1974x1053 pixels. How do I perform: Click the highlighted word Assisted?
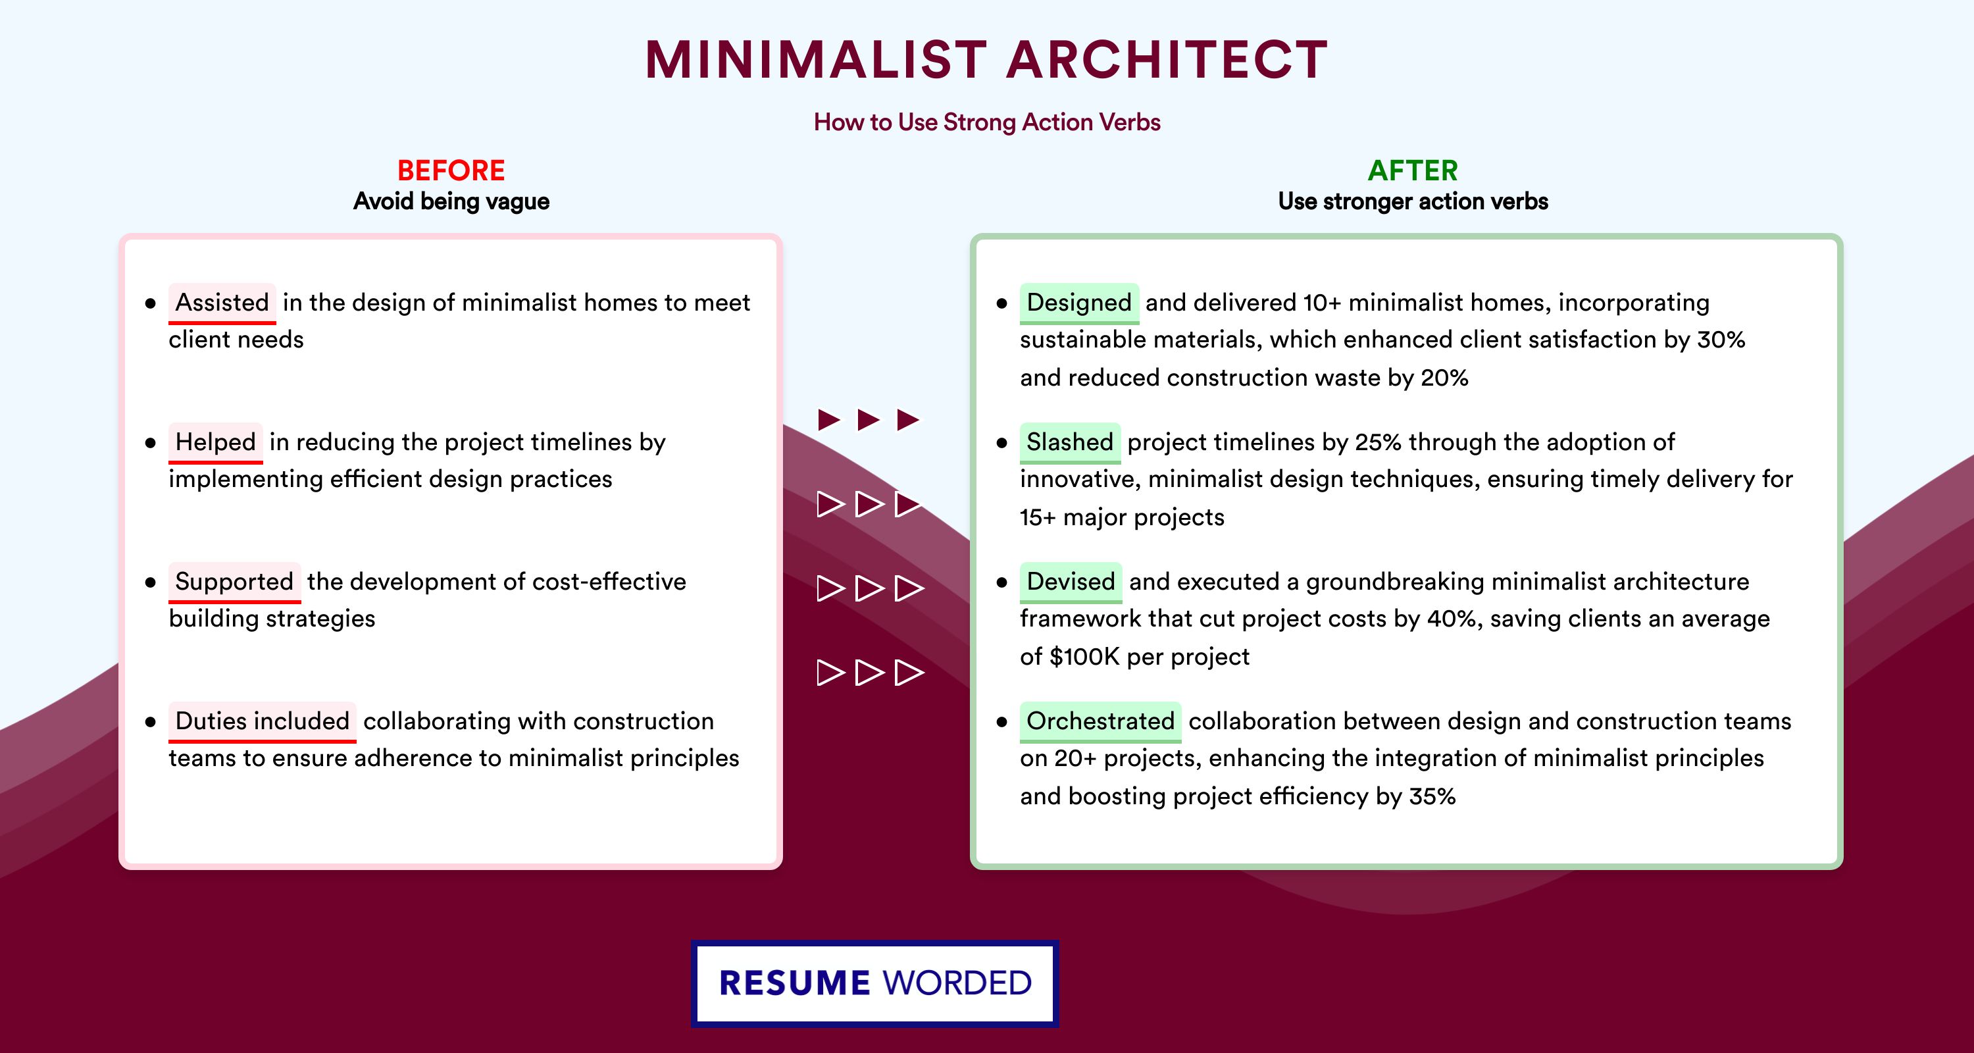(x=222, y=303)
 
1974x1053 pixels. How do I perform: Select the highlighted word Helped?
(x=215, y=442)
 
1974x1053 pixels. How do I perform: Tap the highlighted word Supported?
(x=234, y=582)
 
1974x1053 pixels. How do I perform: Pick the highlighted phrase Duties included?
(x=262, y=721)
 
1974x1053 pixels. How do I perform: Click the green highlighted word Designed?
(x=1079, y=303)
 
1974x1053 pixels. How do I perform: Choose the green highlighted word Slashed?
(x=1070, y=442)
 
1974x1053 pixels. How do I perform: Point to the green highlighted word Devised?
(x=1071, y=582)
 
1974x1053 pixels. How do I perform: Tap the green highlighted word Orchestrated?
(x=1100, y=721)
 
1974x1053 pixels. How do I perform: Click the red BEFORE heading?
(x=451, y=170)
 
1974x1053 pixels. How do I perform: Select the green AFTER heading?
(x=1413, y=170)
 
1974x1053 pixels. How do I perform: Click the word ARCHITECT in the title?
(x=1167, y=60)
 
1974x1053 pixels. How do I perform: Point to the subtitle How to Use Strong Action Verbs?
(x=987, y=122)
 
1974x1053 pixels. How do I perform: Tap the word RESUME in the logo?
(x=795, y=983)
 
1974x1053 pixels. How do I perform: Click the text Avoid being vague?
(x=451, y=201)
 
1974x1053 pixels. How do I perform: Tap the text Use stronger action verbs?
(x=1413, y=201)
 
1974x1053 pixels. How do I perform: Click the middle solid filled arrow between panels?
(x=868, y=420)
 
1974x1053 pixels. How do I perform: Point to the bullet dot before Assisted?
(x=150, y=303)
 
